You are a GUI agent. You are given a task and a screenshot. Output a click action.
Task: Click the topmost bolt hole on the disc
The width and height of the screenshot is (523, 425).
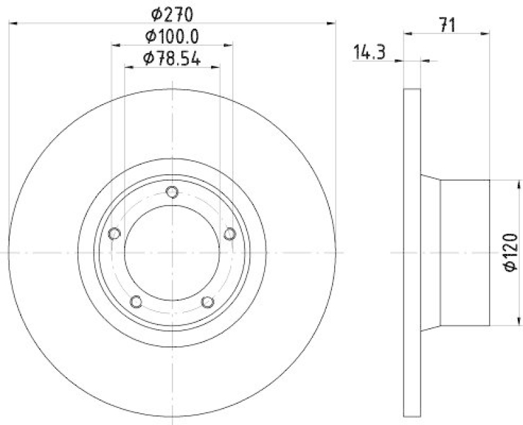click(x=172, y=192)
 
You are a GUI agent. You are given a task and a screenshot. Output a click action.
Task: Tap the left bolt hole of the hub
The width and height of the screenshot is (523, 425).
click(x=114, y=234)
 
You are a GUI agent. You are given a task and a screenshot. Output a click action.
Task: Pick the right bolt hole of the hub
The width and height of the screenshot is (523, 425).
click(x=229, y=234)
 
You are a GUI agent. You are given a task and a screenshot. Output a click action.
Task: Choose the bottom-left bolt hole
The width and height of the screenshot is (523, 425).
click(x=136, y=301)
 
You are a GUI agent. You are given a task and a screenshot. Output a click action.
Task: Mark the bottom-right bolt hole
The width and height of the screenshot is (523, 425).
click(x=208, y=301)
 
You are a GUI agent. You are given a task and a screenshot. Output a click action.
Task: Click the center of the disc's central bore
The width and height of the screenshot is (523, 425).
click(x=172, y=253)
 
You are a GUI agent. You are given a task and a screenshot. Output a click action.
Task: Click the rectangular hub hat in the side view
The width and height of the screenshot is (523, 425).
click(x=465, y=253)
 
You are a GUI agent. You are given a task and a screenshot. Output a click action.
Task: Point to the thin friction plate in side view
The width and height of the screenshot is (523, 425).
click(x=411, y=253)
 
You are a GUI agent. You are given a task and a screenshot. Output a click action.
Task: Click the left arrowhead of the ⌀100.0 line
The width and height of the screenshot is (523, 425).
click(x=116, y=45)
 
